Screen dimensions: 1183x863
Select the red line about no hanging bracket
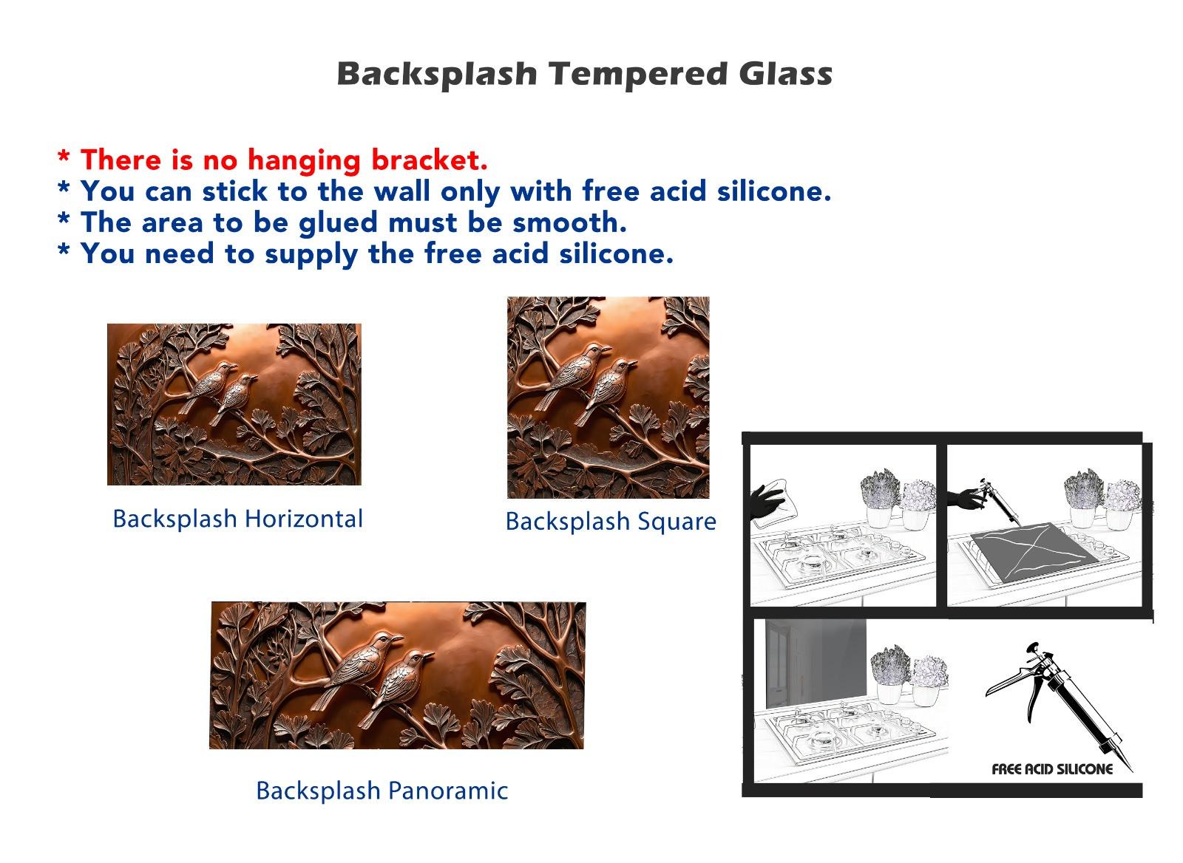pos(273,160)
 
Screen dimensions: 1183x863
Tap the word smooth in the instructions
pos(570,222)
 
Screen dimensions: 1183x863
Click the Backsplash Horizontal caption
pos(237,519)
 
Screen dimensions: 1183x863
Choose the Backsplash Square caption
pos(611,522)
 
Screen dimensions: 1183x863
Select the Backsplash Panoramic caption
pos(382,791)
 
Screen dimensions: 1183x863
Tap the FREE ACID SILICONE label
pos(1052,770)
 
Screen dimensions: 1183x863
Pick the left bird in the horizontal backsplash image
pos(208,388)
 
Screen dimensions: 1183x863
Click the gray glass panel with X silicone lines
pos(1034,553)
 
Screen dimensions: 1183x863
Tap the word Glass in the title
pos(786,74)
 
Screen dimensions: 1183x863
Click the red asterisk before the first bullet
pos(64,157)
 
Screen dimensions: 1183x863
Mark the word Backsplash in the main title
pos(437,75)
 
